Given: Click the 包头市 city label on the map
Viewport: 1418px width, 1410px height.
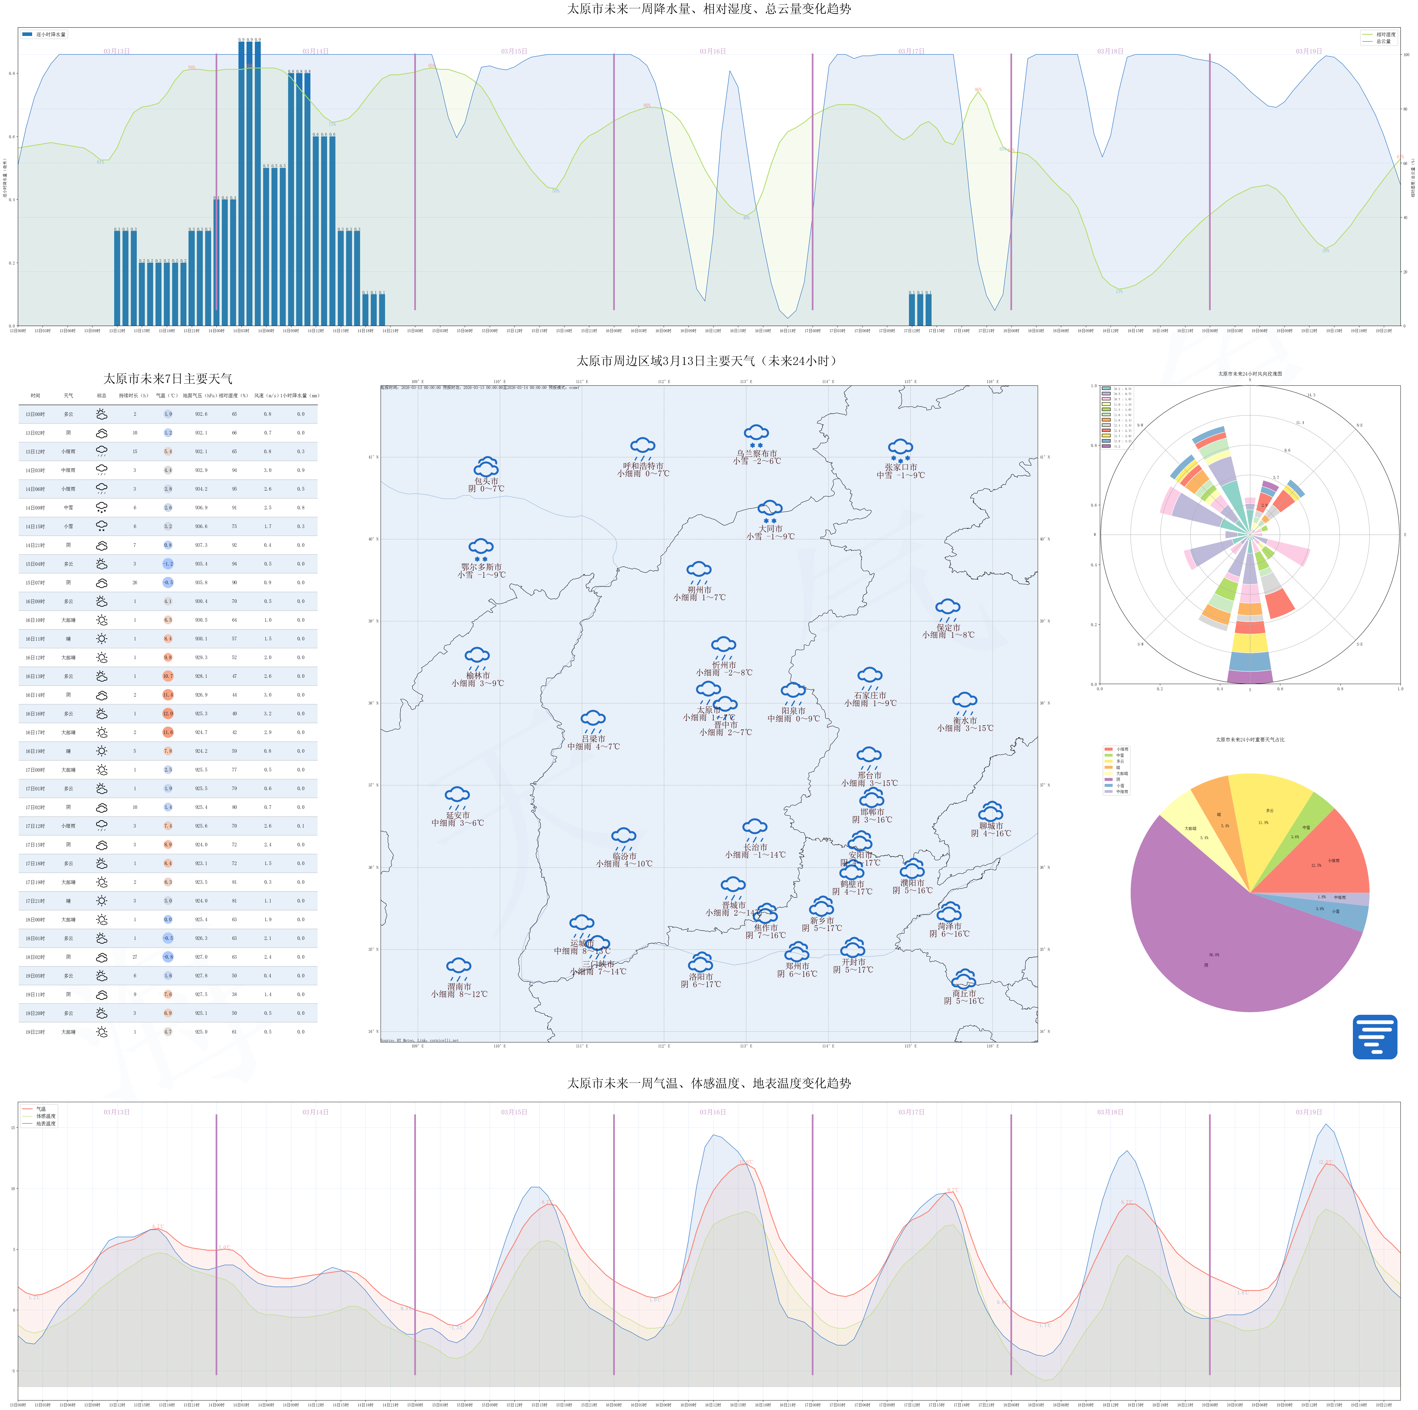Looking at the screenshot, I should pos(486,481).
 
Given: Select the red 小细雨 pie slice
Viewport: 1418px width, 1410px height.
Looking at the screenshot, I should pos(1329,858).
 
